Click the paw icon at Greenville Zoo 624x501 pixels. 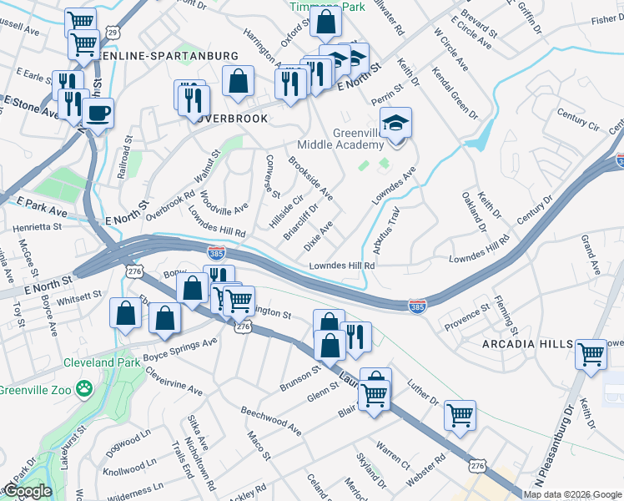click(83, 387)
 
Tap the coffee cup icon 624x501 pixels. click(98, 114)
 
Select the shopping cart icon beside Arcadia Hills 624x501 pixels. click(591, 354)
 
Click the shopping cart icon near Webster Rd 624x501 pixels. click(460, 415)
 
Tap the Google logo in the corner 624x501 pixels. click(28, 491)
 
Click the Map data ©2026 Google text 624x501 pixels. click(572, 494)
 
